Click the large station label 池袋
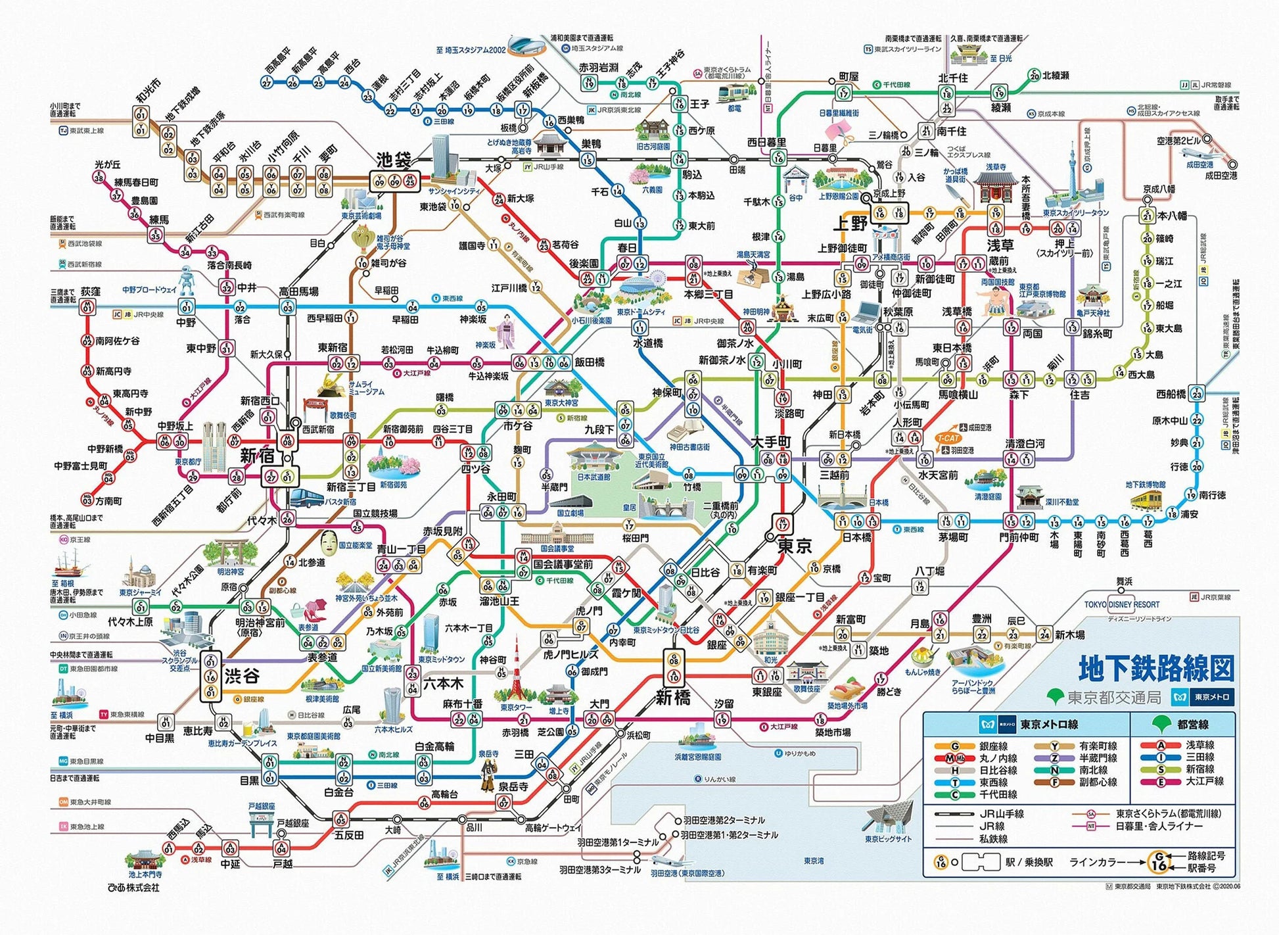point(394,160)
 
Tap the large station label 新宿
point(256,455)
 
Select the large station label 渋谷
point(242,675)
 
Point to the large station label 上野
point(850,223)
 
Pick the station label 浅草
point(1000,245)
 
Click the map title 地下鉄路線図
point(1155,668)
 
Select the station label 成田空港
point(1221,176)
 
